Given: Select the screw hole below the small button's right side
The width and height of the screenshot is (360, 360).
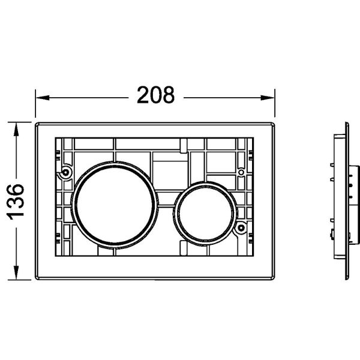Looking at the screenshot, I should (x=239, y=227).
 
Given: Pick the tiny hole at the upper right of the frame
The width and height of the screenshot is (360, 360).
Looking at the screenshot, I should (x=241, y=172).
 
